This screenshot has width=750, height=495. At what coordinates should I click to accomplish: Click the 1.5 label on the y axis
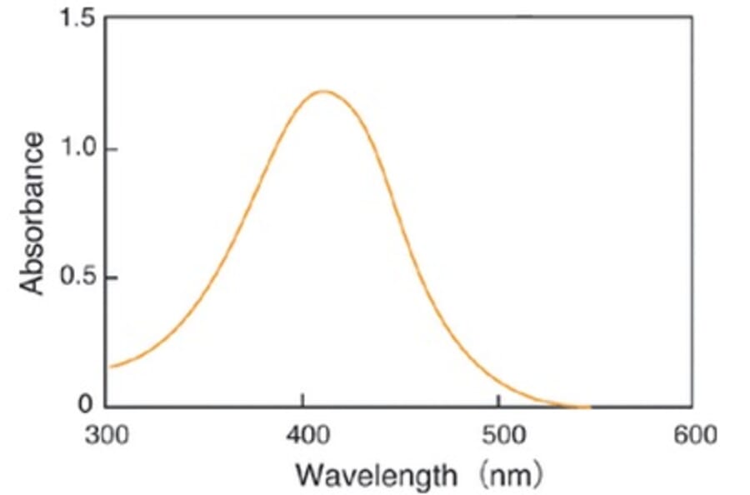[x=77, y=18]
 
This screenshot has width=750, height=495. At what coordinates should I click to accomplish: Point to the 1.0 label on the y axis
[x=77, y=150]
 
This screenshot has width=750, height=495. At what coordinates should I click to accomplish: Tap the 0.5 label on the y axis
[x=77, y=278]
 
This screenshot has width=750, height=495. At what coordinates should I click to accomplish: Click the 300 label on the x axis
[x=109, y=436]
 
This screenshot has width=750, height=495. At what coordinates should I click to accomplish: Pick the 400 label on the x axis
[x=303, y=436]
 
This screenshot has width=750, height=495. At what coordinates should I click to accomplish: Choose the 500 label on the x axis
[x=497, y=436]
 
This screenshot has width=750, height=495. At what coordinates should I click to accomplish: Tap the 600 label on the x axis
[x=691, y=436]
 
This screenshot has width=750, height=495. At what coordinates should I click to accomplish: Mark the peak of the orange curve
[x=322, y=91]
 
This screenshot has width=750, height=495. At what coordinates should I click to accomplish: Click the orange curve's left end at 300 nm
[x=111, y=367]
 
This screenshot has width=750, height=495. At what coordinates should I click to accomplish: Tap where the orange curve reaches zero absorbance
[x=575, y=407]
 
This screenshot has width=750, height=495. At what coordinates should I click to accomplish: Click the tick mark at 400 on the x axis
[x=303, y=403]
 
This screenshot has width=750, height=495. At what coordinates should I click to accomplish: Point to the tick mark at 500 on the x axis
[x=497, y=403]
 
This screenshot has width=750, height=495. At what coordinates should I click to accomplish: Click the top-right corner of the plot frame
[x=691, y=17]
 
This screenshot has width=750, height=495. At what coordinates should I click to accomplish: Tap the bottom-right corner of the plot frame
[x=691, y=407]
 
